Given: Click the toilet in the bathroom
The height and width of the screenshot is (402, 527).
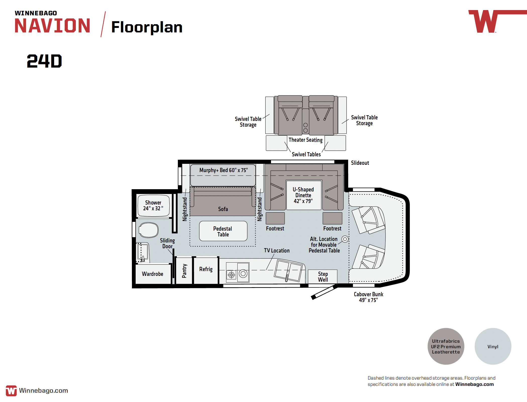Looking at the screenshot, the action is point(148,230).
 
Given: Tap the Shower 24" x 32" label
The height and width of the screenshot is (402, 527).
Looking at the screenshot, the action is point(153,205).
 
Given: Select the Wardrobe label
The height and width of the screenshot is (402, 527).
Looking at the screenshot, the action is point(152,274).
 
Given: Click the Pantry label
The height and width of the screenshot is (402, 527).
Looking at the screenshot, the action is point(184,271).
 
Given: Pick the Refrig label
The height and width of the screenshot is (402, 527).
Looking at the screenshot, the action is point(206,269).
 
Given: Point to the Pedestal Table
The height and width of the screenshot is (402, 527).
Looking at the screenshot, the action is point(223,231).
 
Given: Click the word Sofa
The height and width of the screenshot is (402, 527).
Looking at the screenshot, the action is point(223,209).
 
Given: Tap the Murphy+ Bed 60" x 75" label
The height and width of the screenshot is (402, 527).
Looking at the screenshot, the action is point(224,170).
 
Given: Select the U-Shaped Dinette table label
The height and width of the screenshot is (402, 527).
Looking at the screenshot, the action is point(303,195).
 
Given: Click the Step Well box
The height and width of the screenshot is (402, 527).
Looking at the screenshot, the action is point(323,276).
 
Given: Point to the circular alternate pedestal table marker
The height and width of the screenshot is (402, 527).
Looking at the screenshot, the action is point(345,239).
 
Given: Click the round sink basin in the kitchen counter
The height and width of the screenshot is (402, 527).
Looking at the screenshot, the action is point(243,273).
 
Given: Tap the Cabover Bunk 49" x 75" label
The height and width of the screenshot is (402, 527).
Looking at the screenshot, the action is point(368,297).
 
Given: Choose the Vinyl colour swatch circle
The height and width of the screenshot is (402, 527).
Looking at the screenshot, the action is point(493,346).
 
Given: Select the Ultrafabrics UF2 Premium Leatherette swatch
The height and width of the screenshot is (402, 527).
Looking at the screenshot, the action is point(446,346).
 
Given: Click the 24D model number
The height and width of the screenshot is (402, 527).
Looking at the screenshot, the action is point(44,61).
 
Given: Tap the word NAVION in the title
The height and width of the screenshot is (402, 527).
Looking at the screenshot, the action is point(52,26).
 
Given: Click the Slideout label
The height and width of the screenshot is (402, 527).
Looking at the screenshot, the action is point(360,163).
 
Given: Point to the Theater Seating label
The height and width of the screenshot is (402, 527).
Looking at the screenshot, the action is point(305,140).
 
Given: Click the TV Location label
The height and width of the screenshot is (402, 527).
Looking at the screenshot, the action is point(277,250).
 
